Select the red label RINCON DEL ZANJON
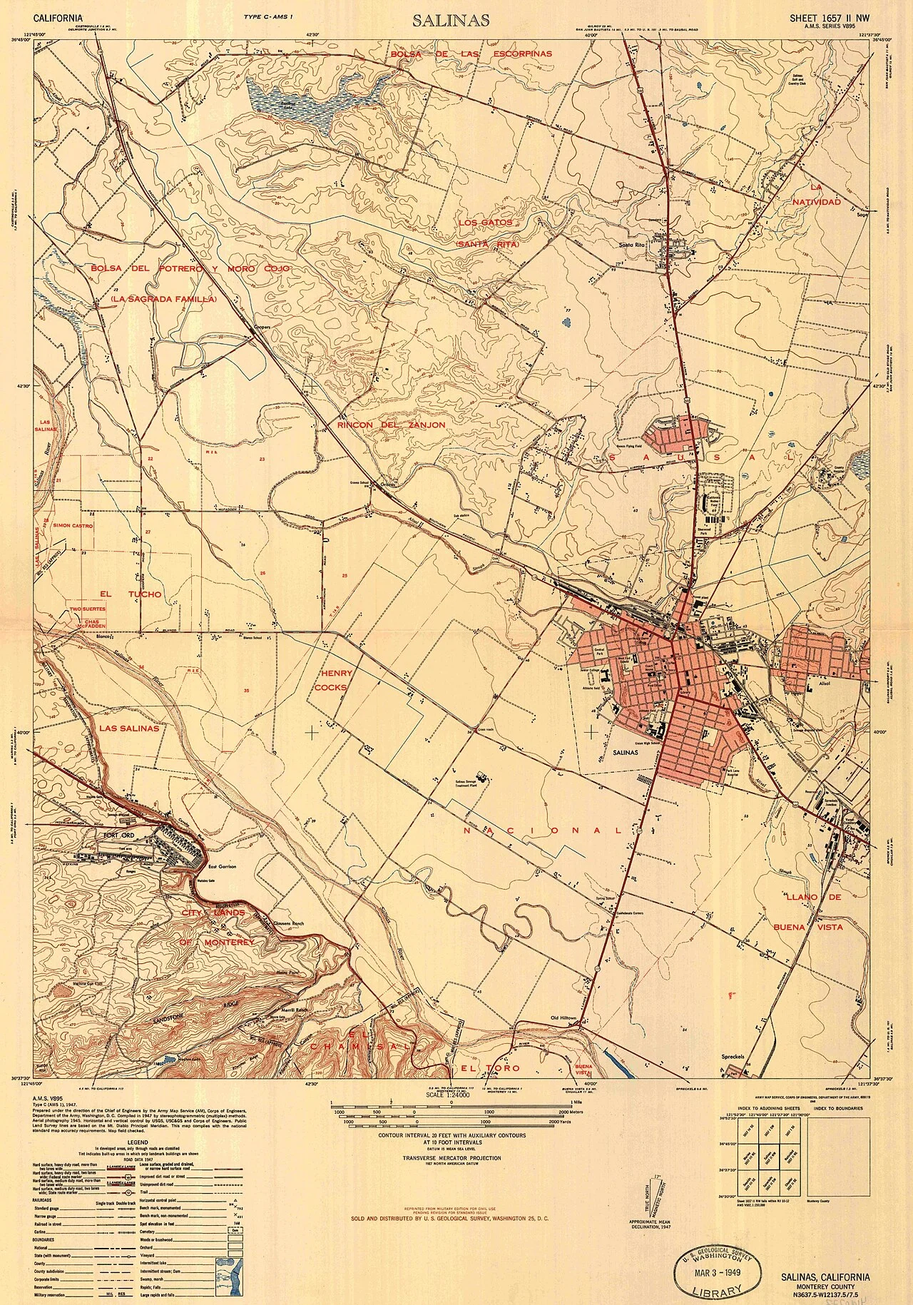tap(382, 425)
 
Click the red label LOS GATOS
tap(486, 223)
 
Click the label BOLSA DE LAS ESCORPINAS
tap(471, 54)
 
